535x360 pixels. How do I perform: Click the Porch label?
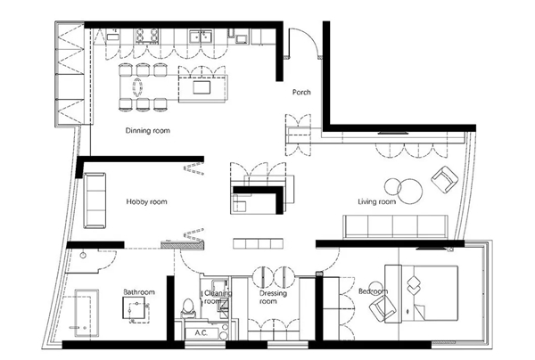coord(301,92)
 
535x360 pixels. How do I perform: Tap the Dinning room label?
coord(148,131)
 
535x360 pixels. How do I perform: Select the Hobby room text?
coord(147,201)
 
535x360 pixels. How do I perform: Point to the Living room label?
coord(377,201)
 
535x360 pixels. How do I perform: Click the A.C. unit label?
coord(202,332)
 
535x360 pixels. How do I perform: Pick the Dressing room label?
coord(273,298)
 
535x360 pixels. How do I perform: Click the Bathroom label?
coord(139,292)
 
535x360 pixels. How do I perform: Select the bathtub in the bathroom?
coord(87,314)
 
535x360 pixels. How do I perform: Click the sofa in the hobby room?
coord(95,200)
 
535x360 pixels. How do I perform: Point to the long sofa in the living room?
coord(395,226)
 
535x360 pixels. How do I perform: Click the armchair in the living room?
coord(445,180)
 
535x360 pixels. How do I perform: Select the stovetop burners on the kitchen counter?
coord(147,37)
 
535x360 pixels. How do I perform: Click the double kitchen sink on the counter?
coord(202,37)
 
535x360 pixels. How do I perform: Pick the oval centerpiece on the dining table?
coord(137,87)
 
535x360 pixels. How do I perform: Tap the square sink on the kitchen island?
coord(202,87)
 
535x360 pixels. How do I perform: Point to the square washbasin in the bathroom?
coord(134,307)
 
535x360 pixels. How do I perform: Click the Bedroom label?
coord(374,291)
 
